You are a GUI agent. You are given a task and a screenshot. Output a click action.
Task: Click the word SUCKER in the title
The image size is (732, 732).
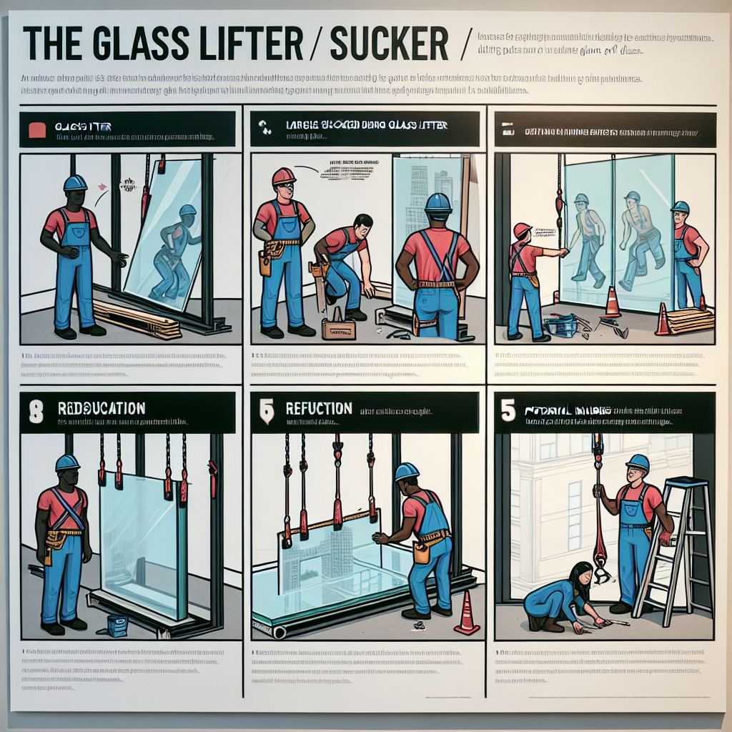pyautogui.click(x=389, y=44)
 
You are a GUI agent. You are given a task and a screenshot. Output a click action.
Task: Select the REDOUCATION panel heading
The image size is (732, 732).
pyautogui.click(x=102, y=408)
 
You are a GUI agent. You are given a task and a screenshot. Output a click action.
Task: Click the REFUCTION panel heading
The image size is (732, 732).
pyautogui.click(x=319, y=409)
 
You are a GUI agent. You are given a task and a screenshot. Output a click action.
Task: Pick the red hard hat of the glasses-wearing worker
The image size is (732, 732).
pyautogui.click(x=284, y=176)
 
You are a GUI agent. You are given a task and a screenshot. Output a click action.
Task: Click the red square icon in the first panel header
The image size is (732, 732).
pyautogui.click(x=36, y=129)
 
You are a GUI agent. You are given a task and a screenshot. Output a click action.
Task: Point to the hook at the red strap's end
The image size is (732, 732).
pyautogui.click(x=600, y=572)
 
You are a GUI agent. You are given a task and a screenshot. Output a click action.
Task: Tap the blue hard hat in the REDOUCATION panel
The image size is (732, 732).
pyautogui.click(x=67, y=463)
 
